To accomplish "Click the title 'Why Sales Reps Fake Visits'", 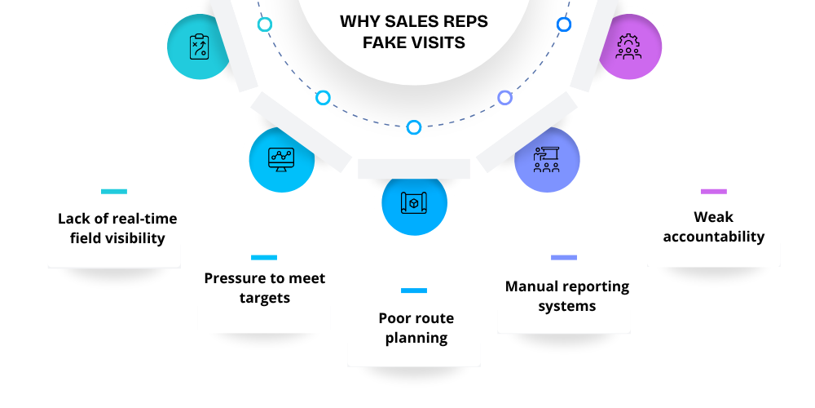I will [x=414, y=31].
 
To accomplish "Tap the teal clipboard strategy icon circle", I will [x=200, y=47].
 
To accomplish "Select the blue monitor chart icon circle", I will [x=281, y=158].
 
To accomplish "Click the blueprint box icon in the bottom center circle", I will [x=414, y=202].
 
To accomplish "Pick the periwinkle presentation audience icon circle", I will [x=547, y=159].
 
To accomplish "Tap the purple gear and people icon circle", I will [x=628, y=47].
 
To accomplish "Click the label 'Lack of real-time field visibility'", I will [x=117, y=228].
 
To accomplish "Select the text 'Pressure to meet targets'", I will [x=265, y=287].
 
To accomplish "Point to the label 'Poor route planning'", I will [x=416, y=327].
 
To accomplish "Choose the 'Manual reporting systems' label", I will [x=567, y=296].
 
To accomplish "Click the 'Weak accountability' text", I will [x=714, y=227].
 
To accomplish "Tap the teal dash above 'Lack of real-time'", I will [x=114, y=192].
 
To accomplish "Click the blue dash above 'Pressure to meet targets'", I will [x=263, y=258].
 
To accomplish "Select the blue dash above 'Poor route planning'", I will [x=414, y=290].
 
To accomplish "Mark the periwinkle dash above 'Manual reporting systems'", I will [x=564, y=258].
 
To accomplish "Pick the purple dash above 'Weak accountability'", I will [x=713, y=192].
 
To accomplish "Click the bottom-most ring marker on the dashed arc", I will [x=414, y=127].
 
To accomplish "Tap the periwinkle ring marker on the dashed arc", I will [x=504, y=98].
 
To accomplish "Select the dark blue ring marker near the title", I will [x=564, y=24].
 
